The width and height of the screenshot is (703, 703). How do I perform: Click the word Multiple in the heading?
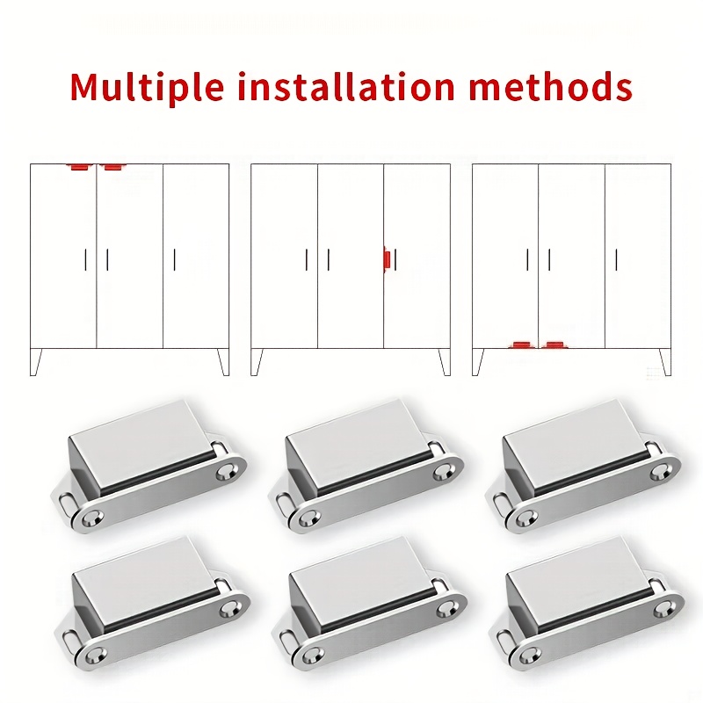146,87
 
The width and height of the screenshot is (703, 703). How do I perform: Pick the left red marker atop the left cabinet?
81,167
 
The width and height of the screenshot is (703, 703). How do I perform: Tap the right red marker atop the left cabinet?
113,167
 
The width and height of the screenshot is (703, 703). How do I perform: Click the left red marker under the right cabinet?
521,344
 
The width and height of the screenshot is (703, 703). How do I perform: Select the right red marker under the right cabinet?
555,344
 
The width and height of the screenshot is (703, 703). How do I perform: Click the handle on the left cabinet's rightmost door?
174,259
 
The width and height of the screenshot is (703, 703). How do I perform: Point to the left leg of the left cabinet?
35,361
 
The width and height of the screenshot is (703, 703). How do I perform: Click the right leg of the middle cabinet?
445,361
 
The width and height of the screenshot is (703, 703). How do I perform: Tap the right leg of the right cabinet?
665,361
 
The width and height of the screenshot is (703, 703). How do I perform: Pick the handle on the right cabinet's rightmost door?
617,259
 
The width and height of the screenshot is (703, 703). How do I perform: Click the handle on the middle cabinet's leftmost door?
307,259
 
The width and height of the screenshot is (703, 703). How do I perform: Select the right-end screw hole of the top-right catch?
660,470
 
